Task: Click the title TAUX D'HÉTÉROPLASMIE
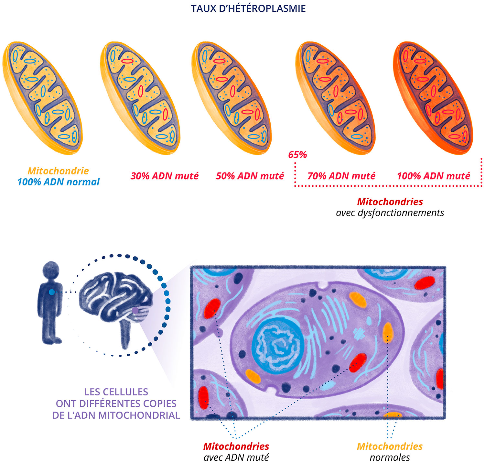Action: tap(248, 8)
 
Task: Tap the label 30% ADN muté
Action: tap(164, 176)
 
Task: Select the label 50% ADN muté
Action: tap(250, 176)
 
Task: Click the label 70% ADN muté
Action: tap(341, 176)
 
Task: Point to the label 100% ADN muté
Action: tap(433, 176)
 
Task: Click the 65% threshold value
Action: tap(297, 155)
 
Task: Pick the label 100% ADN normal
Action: tap(59, 182)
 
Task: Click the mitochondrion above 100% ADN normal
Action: tap(43, 97)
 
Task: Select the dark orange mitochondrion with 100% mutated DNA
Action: tap(434, 97)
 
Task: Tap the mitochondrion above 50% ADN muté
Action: tap(232, 97)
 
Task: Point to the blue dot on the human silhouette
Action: tap(52, 292)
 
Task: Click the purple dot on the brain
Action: tap(135, 310)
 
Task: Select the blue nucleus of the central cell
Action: tap(278, 343)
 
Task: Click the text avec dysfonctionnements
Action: tap(390, 213)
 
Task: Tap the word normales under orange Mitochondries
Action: tap(390, 458)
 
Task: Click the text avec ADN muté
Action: tap(236, 458)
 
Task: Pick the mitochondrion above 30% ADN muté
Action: tap(140, 97)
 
